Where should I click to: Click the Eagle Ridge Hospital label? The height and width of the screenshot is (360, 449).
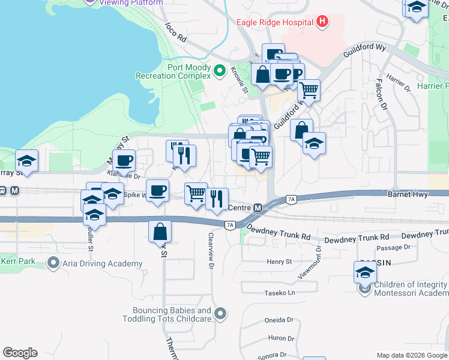point(275,22)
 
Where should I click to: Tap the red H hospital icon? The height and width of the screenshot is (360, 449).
point(322,22)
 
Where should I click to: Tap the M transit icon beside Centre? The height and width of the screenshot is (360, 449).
point(258,208)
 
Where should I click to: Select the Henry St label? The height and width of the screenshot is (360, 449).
point(279,262)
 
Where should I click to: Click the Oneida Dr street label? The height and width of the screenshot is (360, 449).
point(279,320)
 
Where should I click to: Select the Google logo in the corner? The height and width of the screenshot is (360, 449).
point(20,352)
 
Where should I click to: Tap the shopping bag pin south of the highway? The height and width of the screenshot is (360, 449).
point(160,232)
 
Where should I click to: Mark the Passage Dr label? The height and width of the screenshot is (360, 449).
point(394,247)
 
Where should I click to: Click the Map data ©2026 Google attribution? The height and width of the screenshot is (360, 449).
point(411,355)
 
